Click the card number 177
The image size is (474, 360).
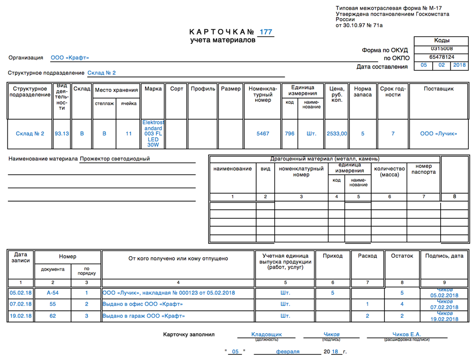265,32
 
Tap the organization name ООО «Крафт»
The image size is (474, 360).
70,58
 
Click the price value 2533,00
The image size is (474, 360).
337,134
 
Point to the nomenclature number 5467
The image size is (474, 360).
263,134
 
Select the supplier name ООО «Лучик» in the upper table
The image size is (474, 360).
439,134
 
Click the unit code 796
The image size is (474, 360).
289,134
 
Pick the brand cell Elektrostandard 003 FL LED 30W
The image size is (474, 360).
153,134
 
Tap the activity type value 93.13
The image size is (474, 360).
62,134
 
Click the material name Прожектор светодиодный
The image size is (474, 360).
114,159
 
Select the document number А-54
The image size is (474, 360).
52,293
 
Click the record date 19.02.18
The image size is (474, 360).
21,316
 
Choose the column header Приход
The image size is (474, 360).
333,256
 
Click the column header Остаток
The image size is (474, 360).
402,256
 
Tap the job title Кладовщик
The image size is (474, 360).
266,335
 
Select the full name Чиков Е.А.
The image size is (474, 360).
407,335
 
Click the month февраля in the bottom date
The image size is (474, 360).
284,352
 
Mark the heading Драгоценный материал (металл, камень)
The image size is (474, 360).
325,159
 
